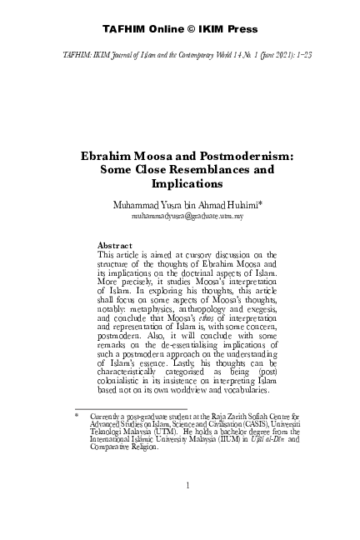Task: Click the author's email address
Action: (x=180, y=215)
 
